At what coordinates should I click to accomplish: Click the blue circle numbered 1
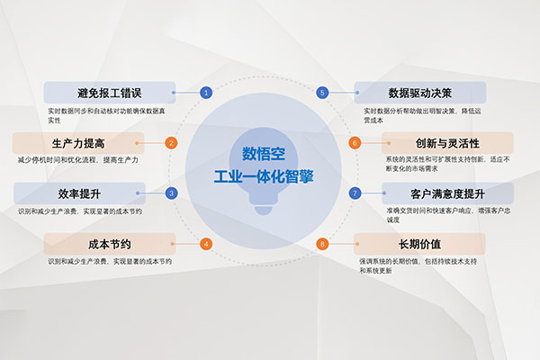[x=206, y=93]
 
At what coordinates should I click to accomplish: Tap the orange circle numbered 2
[x=171, y=143]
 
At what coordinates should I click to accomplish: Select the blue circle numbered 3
[x=171, y=193]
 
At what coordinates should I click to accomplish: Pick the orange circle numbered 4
[x=206, y=244]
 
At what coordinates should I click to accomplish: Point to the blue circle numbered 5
[x=322, y=93]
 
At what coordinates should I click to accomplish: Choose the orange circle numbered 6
[x=355, y=143]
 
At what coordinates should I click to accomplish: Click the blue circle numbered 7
[x=355, y=193]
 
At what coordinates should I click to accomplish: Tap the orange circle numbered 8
[x=322, y=244]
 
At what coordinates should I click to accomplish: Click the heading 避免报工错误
[x=109, y=93]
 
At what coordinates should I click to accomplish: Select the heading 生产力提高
[x=78, y=143]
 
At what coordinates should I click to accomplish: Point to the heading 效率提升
[x=79, y=194]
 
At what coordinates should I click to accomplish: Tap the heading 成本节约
[x=110, y=244]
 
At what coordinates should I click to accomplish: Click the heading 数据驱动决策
[x=419, y=93]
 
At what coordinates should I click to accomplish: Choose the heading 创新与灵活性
[x=447, y=143]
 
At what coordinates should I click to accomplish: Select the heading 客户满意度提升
[x=447, y=194]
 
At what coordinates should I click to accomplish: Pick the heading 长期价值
[x=419, y=244]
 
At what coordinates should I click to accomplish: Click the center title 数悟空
[x=264, y=154]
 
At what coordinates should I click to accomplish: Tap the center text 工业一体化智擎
[x=264, y=176]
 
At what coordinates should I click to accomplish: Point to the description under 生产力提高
[x=78, y=160]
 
